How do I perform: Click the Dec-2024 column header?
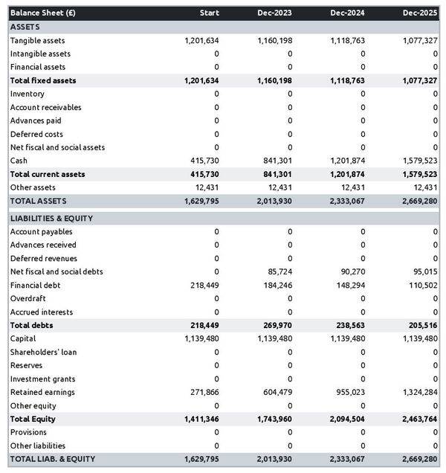click(348, 13)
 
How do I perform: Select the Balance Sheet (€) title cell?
click(43, 13)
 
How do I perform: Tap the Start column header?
click(210, 13)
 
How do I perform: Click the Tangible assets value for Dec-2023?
click(274, 40)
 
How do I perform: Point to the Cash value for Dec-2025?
click(420, 161)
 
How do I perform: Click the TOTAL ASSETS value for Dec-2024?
click(347, 201)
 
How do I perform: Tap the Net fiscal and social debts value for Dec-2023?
click(278, 271)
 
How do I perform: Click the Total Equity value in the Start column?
click(201, 419)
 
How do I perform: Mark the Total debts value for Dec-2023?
click(274, 325)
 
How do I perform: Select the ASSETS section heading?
click(25, 27)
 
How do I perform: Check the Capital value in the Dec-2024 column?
click(347, 338)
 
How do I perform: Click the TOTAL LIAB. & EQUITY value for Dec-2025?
click(420, 459)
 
